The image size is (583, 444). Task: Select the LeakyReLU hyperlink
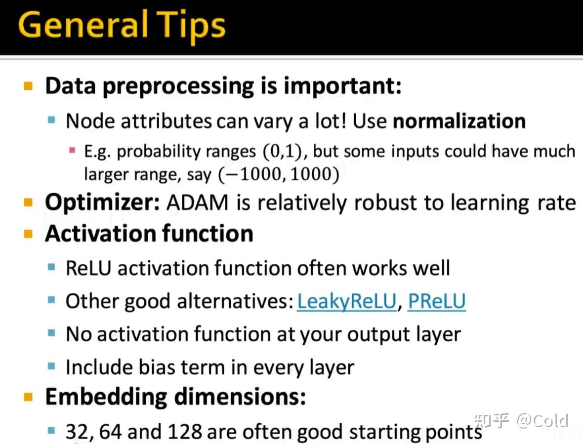[347, 301]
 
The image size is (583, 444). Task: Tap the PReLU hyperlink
[436, 301]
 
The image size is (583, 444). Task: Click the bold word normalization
[459, 121]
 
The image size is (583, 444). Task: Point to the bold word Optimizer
[103, 203]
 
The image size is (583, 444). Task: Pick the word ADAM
[198, 203]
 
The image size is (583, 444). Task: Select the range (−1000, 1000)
[279, 174]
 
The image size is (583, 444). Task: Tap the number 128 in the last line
[184, 432]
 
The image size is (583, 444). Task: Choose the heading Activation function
[149, 234]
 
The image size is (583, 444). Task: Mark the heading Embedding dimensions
[175, 397]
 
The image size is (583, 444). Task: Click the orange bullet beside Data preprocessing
[28, 86]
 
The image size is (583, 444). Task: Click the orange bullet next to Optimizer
[28, 202]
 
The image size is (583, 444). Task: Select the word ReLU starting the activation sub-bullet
[88, 268]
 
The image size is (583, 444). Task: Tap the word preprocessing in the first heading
[178, 86]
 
